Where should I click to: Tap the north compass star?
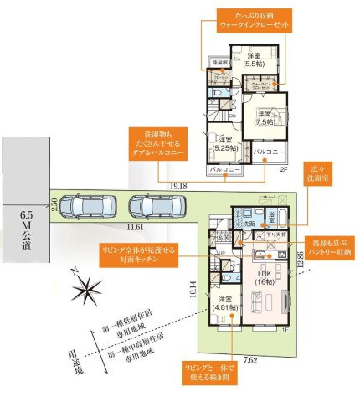pyautogui.click(x=85, y=291)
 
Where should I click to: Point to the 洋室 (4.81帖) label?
pyautogui.click(x=224, y=304)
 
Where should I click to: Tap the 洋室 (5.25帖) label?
pyautogui.click(x=223, y=144)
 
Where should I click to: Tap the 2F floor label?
pyautogui.click(x=284, y=169)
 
